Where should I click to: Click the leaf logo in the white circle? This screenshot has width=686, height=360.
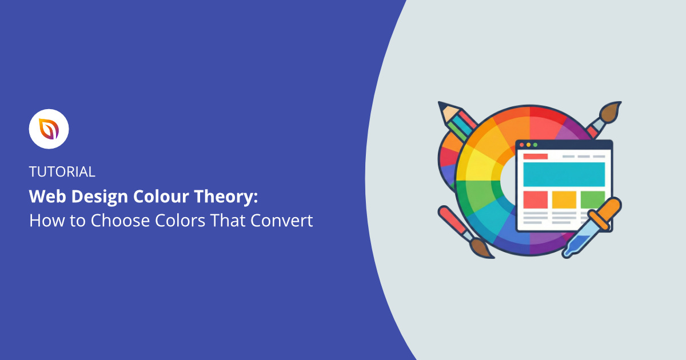click(x=49, y=129)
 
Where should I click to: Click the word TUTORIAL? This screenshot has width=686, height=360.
click(x=62, y=171)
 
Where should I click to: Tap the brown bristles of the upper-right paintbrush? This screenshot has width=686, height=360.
click(x=611, y=111)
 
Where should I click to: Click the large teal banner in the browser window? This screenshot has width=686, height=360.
click(x=564, y=174)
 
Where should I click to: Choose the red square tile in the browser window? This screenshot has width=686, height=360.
click(x=535, y=199)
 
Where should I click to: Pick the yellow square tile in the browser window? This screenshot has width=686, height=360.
click(x=564, y=199)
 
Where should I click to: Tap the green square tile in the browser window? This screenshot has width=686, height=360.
click(x=592, y=199)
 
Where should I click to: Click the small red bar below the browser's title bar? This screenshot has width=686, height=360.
click(x=535, y=156)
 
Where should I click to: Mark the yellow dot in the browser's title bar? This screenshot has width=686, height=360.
click(x=528, y=145)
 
